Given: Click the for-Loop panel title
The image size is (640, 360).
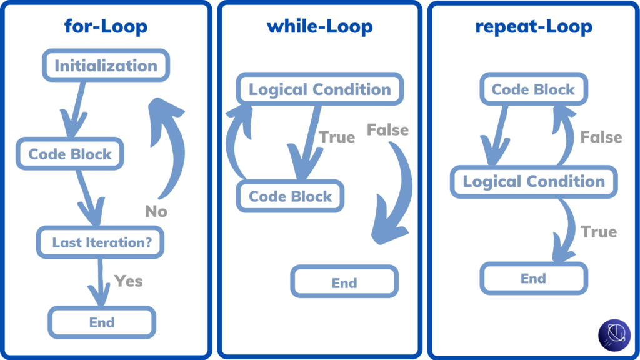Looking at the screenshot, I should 106,27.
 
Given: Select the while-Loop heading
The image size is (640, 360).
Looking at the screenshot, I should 319,27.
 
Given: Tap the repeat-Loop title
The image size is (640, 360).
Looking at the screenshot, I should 533,27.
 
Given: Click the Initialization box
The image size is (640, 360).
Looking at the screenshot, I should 106,66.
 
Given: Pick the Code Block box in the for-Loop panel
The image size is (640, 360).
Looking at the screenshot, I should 71,154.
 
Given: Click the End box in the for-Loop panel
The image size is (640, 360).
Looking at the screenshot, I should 102,322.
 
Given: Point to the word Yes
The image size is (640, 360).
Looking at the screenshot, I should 128,281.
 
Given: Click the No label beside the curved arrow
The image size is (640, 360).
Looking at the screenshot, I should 156,212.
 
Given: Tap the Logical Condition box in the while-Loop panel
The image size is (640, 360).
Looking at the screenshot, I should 319,89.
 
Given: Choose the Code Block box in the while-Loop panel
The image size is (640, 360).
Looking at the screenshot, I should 291,196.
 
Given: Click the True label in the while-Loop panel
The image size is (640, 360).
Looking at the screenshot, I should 337,137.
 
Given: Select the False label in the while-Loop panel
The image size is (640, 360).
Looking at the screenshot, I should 387,130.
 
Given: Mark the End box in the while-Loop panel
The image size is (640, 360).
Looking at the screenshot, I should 344,282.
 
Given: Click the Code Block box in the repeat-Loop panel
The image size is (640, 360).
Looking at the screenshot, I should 533,89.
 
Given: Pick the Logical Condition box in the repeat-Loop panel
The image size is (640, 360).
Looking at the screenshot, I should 534,182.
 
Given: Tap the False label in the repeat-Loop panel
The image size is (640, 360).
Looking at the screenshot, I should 601,137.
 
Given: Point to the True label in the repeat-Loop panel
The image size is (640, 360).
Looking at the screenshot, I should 599,232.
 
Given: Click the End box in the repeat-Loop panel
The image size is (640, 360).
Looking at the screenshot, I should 533,278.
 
